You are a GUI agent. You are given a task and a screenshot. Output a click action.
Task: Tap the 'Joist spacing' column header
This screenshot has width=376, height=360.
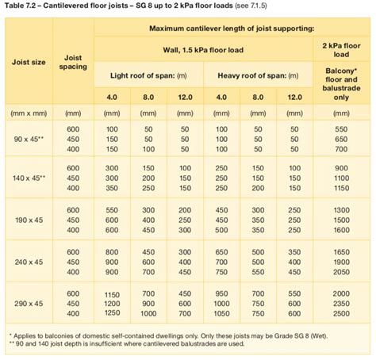(73, 62)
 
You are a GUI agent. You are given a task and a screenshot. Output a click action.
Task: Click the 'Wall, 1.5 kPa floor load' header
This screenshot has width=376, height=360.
(203, 49)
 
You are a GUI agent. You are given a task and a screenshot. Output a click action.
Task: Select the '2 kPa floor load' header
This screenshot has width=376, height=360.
(342, 50)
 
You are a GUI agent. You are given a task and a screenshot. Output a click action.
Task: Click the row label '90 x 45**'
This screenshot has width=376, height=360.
(29, 139)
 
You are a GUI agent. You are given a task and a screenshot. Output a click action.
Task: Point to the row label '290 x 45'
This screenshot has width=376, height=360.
(29, 302)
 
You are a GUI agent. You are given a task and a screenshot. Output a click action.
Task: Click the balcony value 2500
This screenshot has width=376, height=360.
(342, 313)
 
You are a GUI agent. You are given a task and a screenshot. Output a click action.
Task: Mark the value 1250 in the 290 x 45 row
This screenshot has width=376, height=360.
(112, 302)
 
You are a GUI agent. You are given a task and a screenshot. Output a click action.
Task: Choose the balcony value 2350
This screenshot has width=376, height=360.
(342, 302)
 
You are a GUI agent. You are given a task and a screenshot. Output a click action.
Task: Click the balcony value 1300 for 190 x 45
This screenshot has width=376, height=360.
(342, 210)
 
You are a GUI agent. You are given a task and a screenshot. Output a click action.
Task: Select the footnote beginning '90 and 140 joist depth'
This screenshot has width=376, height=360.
(127, 344)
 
